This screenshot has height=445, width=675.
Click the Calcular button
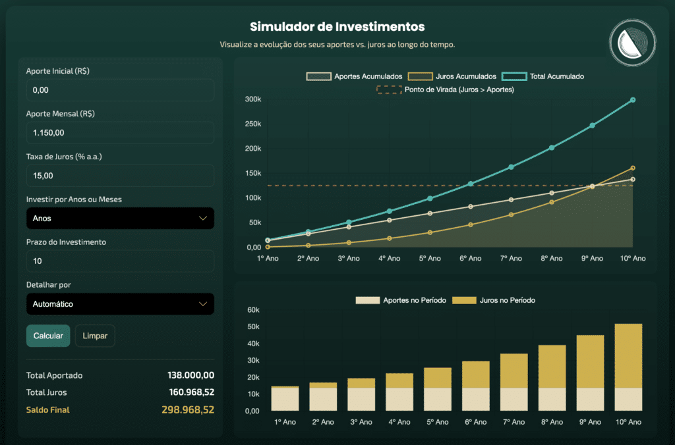[x=47, y=336]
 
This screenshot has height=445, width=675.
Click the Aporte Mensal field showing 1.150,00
[x=120, y=133]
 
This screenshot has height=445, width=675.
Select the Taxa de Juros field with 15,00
[x=120, y=176]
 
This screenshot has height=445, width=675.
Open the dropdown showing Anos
[x=120, y=219]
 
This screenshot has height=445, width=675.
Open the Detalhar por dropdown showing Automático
[x=120, y=304]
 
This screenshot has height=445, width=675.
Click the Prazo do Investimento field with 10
[x=120, y=261]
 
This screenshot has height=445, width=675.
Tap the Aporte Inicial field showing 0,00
[x=120, y=90]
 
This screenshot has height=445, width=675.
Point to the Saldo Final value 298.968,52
[x=188, y=409]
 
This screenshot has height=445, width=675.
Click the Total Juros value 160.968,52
[x=191, y=392]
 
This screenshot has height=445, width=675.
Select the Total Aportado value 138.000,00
[x=191, y=375]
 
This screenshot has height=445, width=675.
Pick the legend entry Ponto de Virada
[x=445, y=90]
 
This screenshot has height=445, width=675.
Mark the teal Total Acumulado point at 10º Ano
[x=633, y=100]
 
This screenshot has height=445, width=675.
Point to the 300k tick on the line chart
[x=252, y=100]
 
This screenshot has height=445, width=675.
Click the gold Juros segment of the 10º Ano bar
[x=628, y=355]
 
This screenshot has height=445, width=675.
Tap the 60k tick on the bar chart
[x=253, y=310]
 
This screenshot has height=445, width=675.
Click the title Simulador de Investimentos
[x=337, y=27]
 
